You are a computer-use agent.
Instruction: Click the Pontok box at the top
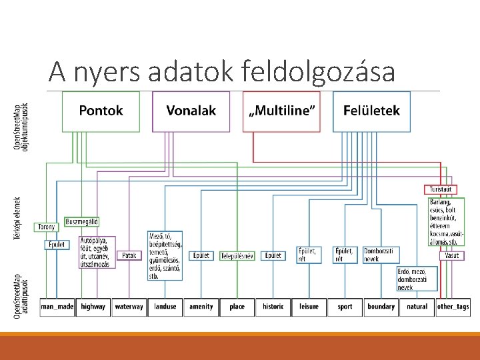point(101,111)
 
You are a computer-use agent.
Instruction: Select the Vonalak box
point(191,111)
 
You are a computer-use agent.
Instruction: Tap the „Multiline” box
point(282,111)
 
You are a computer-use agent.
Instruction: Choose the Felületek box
point(371,111)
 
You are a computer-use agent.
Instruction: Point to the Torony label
point(46,227)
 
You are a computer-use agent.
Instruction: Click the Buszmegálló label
point(82,221)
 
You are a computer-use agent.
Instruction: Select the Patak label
point(129,255)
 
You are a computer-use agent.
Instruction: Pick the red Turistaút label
point(441,189)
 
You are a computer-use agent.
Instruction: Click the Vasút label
point(451,255)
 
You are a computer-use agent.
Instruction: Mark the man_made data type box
point(57,307)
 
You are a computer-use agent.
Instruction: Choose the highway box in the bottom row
point(93,307)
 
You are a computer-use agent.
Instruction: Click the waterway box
point(129,307)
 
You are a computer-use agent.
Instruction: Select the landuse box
point(165,307)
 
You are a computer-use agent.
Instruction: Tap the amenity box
point(201,307)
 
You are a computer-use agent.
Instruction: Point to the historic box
point(273,307)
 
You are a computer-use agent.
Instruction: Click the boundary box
point(381,307)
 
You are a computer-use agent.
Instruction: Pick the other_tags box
point(453,307)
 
